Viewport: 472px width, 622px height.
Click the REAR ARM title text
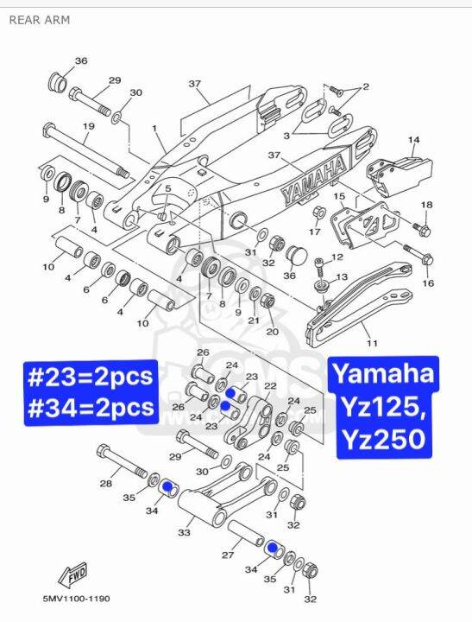pos(40,20)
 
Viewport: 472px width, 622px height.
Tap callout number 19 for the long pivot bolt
pos(87,127)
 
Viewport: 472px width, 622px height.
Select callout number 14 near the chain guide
pos(413,139)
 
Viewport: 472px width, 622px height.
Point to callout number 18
pos(426,205)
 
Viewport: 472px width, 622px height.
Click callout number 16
pos(428,282)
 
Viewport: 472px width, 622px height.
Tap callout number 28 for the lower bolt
pos(105,483)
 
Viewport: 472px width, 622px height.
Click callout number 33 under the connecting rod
pos(184,533)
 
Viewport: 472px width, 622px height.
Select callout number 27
pos(228,555)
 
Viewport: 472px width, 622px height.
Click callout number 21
pos(254,321)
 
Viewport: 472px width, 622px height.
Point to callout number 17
pos(315,232)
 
